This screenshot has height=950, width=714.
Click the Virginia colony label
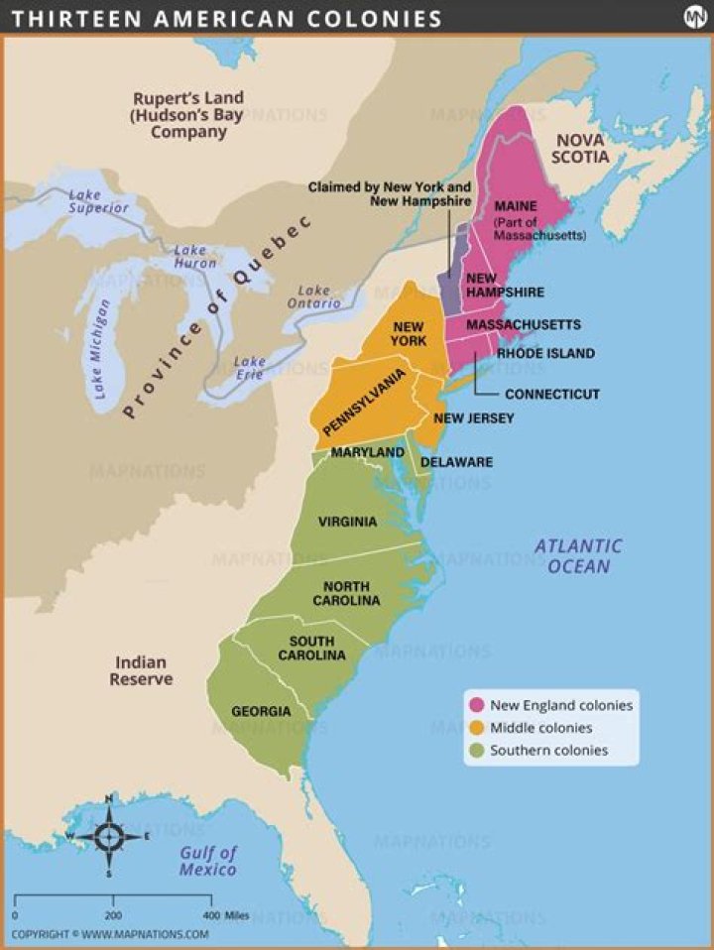(347, 522)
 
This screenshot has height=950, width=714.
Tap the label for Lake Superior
(98, 201)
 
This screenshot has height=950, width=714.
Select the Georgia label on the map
(261, 711)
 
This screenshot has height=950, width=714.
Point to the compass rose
(108, 836)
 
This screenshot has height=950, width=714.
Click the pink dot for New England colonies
(477, 705)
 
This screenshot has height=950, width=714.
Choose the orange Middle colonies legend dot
(477, 728)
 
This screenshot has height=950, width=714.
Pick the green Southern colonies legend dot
(477, 751)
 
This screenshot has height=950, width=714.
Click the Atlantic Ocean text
(578, 555)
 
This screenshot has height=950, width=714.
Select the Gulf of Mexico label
(208, 861)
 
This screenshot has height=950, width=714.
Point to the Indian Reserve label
(141, 670)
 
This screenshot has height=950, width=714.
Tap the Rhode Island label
(545, 353)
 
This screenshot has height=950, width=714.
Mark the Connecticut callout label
(552, 394)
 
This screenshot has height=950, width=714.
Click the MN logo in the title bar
(694, 17)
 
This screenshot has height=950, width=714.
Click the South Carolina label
(311, 649)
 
